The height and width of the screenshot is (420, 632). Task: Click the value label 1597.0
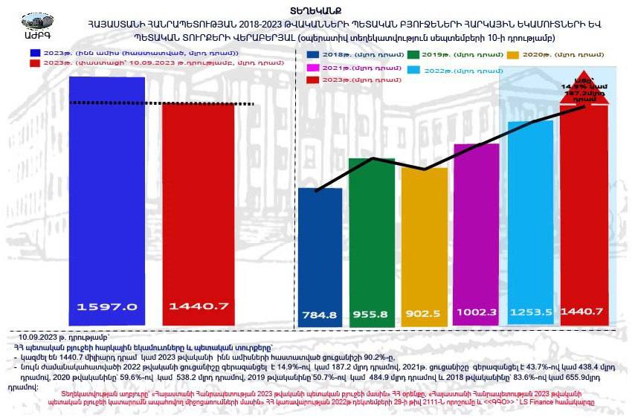point(108,306)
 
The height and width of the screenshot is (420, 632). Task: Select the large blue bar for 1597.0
point(108,193)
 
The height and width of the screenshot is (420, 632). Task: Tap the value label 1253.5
point(531,313)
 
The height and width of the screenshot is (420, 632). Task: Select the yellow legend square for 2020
point(513,55)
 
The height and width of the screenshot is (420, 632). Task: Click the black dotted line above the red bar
point(167,104)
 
